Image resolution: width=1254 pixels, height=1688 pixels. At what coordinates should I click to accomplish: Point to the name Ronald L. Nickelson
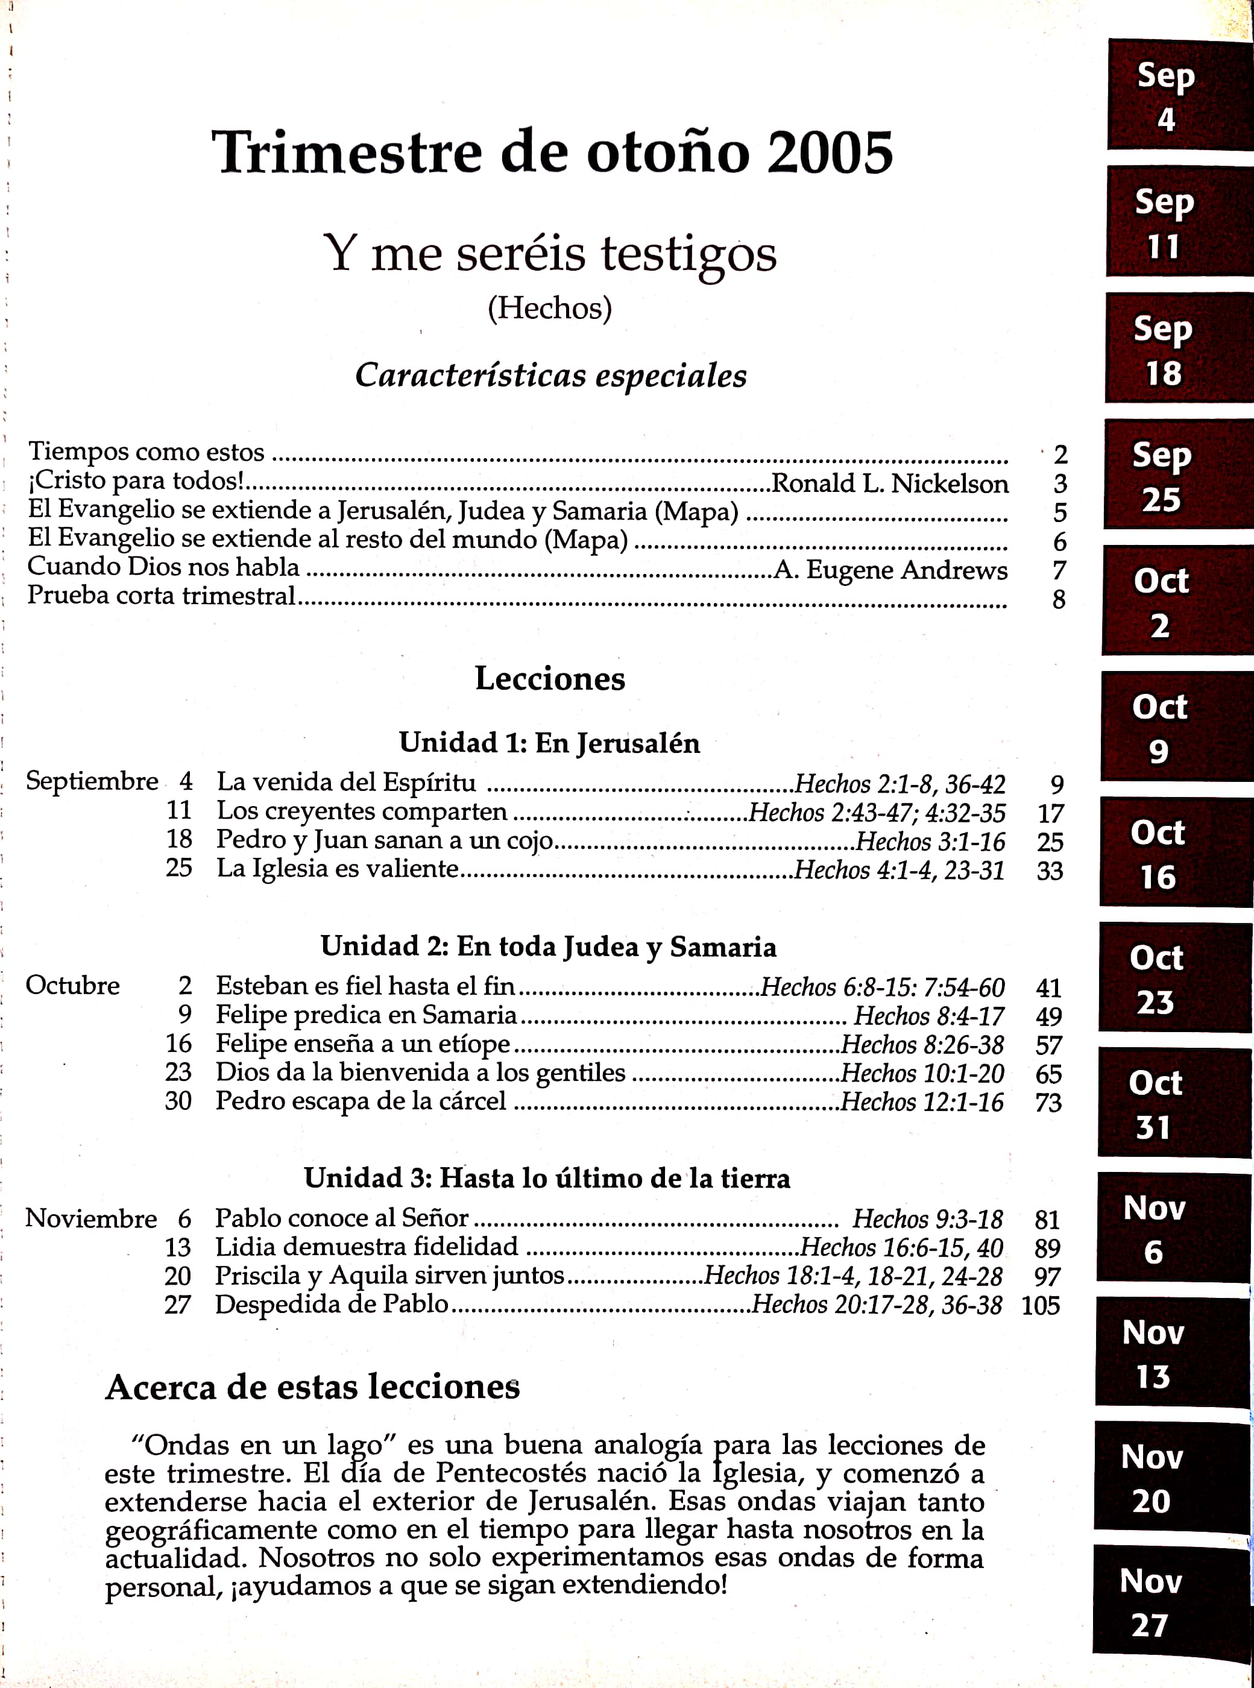click(x=890, y=483)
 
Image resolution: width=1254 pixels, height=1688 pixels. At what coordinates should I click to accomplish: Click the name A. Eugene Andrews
click(x=890, y=570)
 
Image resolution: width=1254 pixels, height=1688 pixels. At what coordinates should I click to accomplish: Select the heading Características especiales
click(x=551, y=375)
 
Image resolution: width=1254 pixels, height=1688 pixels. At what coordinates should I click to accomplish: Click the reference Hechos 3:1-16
click(x=931, y=842)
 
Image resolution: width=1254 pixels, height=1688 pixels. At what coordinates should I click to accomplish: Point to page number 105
click(x=1041, y=1305)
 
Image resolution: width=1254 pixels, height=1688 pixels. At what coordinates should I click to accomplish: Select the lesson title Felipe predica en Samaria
click(x=366, y=1015)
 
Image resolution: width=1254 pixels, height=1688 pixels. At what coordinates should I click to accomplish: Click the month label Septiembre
click(x=92, y=781)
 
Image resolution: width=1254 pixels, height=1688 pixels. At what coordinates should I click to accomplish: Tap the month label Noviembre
click(x=91, y=1219)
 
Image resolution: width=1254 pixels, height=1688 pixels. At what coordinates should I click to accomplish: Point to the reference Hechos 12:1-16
click(x=922, y=1102)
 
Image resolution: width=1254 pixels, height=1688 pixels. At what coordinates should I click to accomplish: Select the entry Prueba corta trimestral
click(x=161, y=596)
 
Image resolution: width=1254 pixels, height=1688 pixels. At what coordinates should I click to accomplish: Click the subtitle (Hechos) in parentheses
click(x=550, y=308)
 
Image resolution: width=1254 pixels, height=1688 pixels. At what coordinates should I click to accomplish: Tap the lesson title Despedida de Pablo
click(x=332, y=1304)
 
